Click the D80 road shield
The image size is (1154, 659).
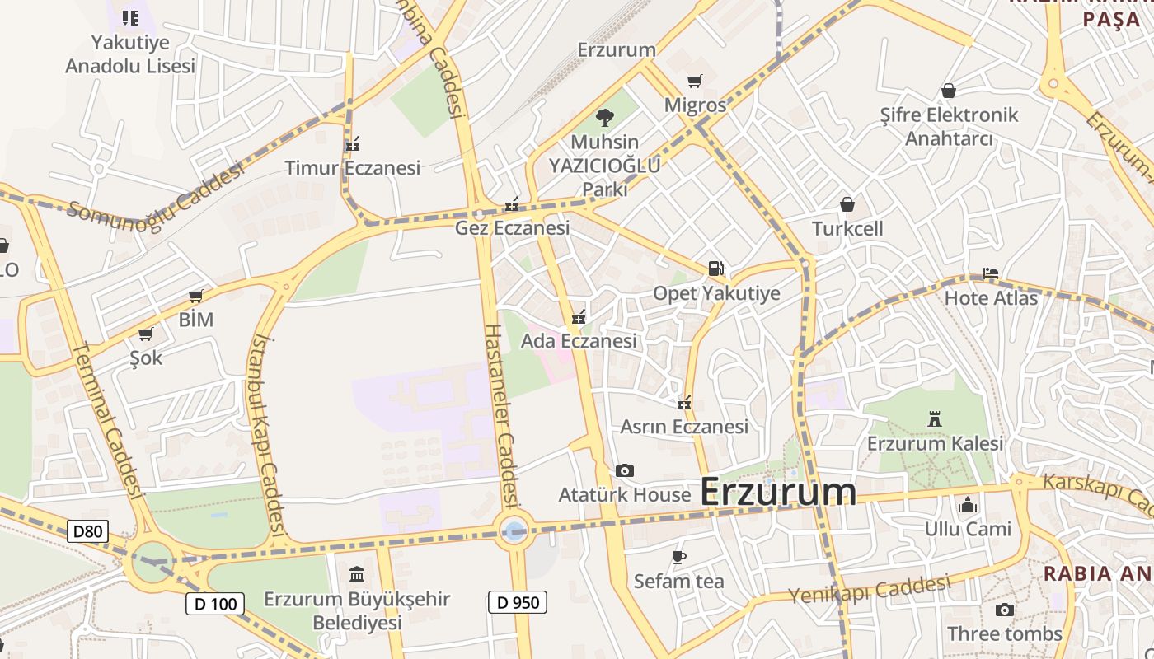tap(87, 531)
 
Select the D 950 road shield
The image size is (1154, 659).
tap(518, 602)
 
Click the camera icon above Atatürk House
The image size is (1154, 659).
tap(625, 471)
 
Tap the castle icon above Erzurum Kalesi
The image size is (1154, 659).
tap(935, 419)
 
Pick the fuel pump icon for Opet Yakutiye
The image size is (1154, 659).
tap(715, 269)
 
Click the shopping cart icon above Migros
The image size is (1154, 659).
tap(695, 81)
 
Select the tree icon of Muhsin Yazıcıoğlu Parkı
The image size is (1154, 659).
tap(605, 118)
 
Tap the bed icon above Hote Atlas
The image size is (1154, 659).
tap(991, 273)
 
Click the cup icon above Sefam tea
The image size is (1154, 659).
tap(678, 557)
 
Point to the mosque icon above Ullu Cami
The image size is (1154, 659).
tap(968, 504)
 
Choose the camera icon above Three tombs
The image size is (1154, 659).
tap(1004, 610)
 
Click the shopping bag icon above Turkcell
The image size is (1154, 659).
tap(847, 204)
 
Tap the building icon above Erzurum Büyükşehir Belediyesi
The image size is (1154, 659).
tap(357, 574)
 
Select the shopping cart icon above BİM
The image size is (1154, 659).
tap(196, 296)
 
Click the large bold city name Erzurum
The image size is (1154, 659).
tap(778, 493)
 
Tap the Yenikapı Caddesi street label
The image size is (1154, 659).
tap(869, 590)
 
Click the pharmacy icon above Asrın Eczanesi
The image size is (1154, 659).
tap(683, 403)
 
